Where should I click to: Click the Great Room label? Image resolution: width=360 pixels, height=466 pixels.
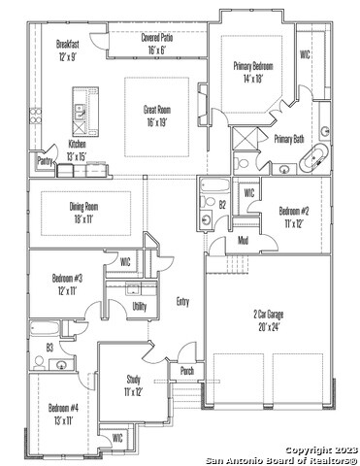[157, 110]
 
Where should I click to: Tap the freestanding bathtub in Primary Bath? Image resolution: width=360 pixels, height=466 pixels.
[313, 158]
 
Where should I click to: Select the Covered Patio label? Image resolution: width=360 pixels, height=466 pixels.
[157, 38]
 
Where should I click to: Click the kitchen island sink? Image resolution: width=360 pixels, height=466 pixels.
[80, 112]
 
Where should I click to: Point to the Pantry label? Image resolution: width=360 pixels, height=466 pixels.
[45, 161]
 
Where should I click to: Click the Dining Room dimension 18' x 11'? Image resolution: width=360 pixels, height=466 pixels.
[83, 219]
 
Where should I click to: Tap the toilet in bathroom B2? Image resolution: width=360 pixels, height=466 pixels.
[208, 202]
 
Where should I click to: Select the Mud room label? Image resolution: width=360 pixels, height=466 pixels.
[243, 240]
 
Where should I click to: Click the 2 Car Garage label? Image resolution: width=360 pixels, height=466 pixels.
[269, 315]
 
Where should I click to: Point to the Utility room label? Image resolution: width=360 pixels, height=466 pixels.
[140, 306]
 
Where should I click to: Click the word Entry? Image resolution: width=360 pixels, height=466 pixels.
[182, 302]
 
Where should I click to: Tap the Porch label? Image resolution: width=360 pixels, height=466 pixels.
[187, 371]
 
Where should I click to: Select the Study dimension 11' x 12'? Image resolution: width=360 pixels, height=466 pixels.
[133, 392]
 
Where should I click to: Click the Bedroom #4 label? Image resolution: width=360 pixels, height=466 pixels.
[63, 408]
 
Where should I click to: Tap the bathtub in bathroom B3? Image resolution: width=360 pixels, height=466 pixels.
[45, 329]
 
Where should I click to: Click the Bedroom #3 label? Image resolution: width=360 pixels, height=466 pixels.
[67, 278]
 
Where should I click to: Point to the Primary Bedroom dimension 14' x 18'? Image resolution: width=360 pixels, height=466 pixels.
[253, 79]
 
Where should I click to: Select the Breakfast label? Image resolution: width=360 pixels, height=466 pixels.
[68, 44]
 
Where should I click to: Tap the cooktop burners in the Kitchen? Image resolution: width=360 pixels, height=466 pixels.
[36, 116]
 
